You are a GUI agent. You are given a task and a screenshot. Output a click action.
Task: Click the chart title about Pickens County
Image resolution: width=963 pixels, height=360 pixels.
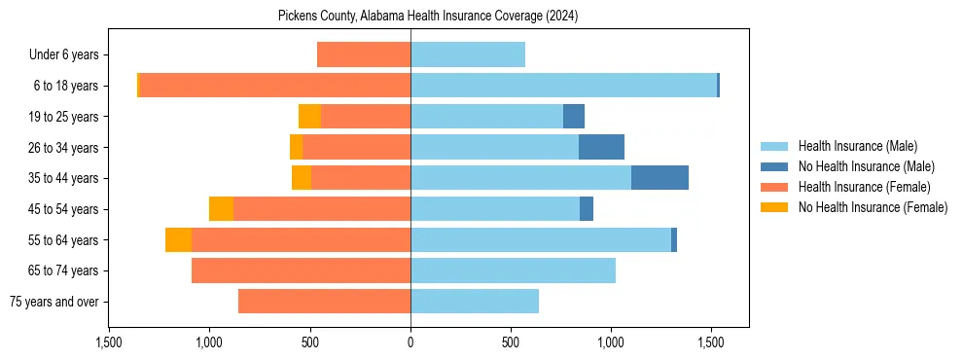click(x=428, y=16)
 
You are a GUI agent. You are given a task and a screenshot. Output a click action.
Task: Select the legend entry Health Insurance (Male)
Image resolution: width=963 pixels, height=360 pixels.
click(x=857, y=146)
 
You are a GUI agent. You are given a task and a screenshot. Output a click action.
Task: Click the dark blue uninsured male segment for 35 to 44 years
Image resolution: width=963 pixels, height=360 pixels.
click(x=660, y=178)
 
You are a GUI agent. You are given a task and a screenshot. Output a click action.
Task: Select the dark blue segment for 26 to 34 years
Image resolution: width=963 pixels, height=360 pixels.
click(x=601, y=147)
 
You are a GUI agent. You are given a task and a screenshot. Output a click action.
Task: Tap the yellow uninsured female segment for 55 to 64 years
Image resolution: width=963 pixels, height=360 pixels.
click(x=178, y=239)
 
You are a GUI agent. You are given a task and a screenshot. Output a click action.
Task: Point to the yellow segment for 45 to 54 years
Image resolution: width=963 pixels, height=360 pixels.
click(x=221, y=209)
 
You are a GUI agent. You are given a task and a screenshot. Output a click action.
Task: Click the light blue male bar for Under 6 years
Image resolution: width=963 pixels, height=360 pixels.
click(x=468, y=54)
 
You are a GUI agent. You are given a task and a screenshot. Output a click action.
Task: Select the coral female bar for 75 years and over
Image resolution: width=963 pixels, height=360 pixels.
click(x=324, y=302)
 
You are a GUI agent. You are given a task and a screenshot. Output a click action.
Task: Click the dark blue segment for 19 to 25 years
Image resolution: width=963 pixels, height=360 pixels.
click(x=574, y=117)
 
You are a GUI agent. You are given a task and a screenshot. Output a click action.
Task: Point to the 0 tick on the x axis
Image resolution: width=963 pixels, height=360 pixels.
click(x=410, y=342)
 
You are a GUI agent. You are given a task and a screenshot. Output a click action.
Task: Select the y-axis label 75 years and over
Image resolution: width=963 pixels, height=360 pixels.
click(x=53, y=302)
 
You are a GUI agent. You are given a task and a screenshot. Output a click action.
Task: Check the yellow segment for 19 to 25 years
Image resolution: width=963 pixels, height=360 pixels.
click(x=309, y=117)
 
